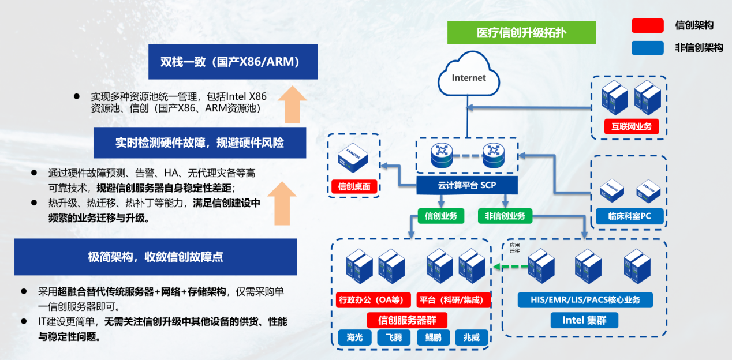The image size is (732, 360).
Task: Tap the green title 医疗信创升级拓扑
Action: point(521,33)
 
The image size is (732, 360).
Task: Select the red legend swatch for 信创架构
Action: point(647,25)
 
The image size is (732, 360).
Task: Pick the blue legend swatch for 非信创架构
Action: point(647,48)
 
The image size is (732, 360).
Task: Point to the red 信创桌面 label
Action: point(354,186)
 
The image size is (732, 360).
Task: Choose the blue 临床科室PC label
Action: point(629,217)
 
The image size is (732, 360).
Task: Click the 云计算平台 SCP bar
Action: point(467,186)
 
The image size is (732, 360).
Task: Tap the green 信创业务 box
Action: point(440,216)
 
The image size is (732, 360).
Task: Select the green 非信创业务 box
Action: point(505,216)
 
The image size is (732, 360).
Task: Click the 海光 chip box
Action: point(354,337)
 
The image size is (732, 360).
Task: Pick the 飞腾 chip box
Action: point(394,337)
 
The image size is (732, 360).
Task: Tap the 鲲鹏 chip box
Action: point(433,337)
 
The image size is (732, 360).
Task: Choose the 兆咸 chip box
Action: point(472,337)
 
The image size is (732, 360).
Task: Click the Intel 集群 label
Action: point(584,320)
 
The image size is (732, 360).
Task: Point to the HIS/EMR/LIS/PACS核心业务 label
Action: point(585,300)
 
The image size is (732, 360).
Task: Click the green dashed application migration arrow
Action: point(511,266)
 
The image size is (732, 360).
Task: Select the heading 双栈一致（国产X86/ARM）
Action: point(233,62)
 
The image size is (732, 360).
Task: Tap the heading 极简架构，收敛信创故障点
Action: point(155,257)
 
